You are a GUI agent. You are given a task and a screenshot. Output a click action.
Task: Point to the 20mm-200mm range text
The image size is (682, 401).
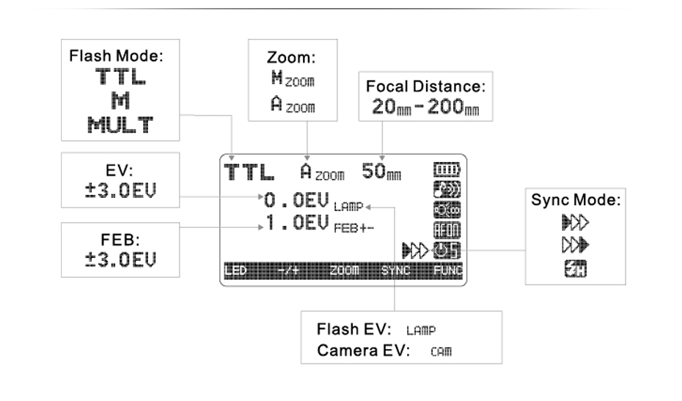click(x=423, y=107)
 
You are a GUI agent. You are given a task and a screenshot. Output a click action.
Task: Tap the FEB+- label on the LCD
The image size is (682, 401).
click(x=354, y=228)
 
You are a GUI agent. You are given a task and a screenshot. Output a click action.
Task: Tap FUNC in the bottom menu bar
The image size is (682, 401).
click(x=448, y=271)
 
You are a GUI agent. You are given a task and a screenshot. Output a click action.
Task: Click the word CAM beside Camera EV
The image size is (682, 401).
click(x=441, y=351)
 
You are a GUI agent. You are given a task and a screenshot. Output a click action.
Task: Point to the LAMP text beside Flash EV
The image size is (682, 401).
click(x=426, y=331)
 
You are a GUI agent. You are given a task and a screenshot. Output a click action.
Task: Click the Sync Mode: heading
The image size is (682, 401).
click(x=576, y=200)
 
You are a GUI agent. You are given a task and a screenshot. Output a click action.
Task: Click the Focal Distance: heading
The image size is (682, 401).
click(x=425, y=87)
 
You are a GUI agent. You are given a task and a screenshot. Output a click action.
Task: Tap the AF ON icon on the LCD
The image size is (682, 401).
click(x=447, y=229)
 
